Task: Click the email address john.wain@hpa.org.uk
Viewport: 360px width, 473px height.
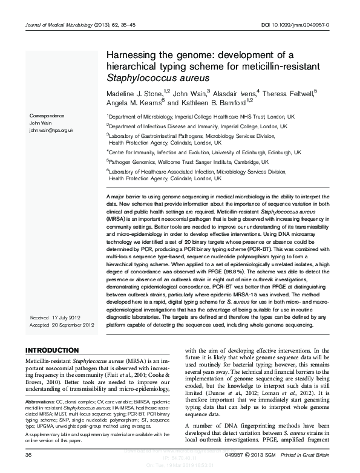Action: tap(51, 129)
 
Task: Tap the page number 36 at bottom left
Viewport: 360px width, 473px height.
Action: tap(28, 455)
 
